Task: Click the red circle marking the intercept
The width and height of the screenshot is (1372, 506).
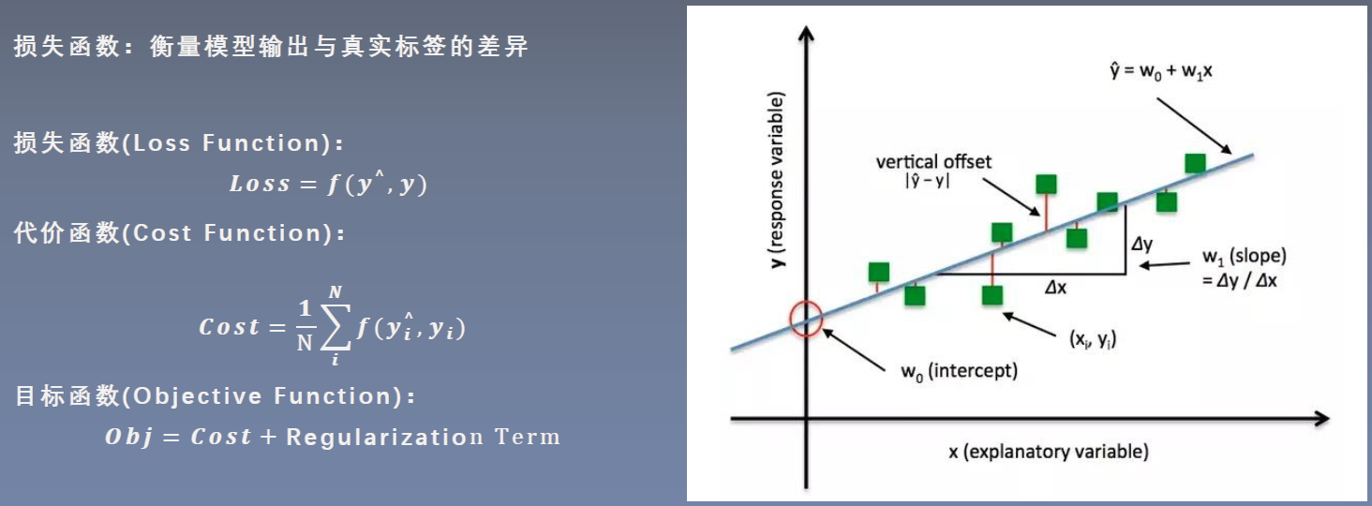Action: tap(805, 319)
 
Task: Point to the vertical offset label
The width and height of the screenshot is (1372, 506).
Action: tap(933, 161)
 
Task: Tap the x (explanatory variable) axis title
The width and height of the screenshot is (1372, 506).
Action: tap(1048, 452)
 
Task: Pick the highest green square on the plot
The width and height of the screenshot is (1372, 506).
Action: tap(1195, 163)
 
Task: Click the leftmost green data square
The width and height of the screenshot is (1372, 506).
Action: tap(878, 272)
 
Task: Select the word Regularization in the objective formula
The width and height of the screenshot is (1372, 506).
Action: tap(383, 437)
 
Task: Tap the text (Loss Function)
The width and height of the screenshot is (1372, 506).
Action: tap(233, 143)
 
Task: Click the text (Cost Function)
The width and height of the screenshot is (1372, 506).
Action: tap(233, 233)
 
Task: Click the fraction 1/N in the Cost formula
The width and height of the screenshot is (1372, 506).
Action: tap(304, 327)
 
